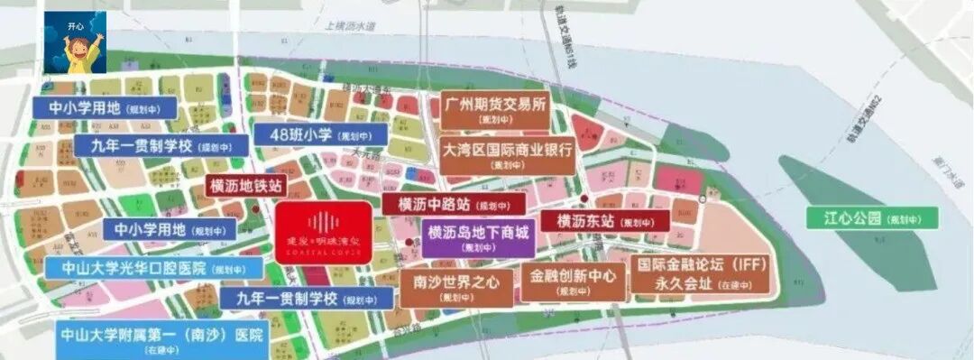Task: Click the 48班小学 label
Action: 320,134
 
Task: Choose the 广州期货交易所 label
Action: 495,110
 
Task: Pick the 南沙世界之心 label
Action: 456,286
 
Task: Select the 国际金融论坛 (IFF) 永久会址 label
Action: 701,274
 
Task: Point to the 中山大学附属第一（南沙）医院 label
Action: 161,339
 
